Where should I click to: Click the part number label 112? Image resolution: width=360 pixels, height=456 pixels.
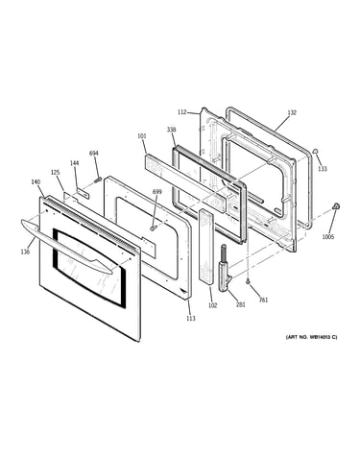pyautogui.click(x=181, y=112)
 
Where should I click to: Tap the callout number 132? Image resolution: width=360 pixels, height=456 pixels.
pyautogui.click(x=292, y=112)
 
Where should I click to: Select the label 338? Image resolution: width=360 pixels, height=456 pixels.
pyautogui.click(x=171, y=130)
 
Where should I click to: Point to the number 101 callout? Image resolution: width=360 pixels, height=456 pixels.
pyautogui.click(x=142, y=136)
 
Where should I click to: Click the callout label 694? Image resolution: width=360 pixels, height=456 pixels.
pyautogui.click(x=94, y=154)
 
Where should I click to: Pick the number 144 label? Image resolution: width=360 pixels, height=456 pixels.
pyautogui.click(x=74, y=163)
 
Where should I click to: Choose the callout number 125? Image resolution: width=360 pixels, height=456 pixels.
pyautogui.click(x=55, y=173)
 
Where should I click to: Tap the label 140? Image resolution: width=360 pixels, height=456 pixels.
pyautogui.click(x=36, y=182)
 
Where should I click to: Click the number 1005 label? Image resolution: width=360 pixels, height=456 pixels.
pyautogui.click(x=328, y=237)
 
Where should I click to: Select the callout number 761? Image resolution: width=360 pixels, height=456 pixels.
pyautogui.click(x=263, y=300)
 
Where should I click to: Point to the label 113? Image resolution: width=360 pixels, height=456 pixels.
pyautogui.click(x=191, y=319)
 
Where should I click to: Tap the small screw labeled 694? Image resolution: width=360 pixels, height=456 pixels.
pyautogui.click(x=97, y=180)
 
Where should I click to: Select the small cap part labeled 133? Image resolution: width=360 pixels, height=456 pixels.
pyautogui.click(x=315, y=151)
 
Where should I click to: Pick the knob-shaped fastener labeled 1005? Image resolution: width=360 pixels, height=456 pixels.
pyautogui.click(x=336, y=206)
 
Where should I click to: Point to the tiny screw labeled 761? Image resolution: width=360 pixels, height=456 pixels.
pyautogui.click(x=248, y=281)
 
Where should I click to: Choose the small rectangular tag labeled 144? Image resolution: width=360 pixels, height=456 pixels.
pyautogui.click(x=83, y=192)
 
